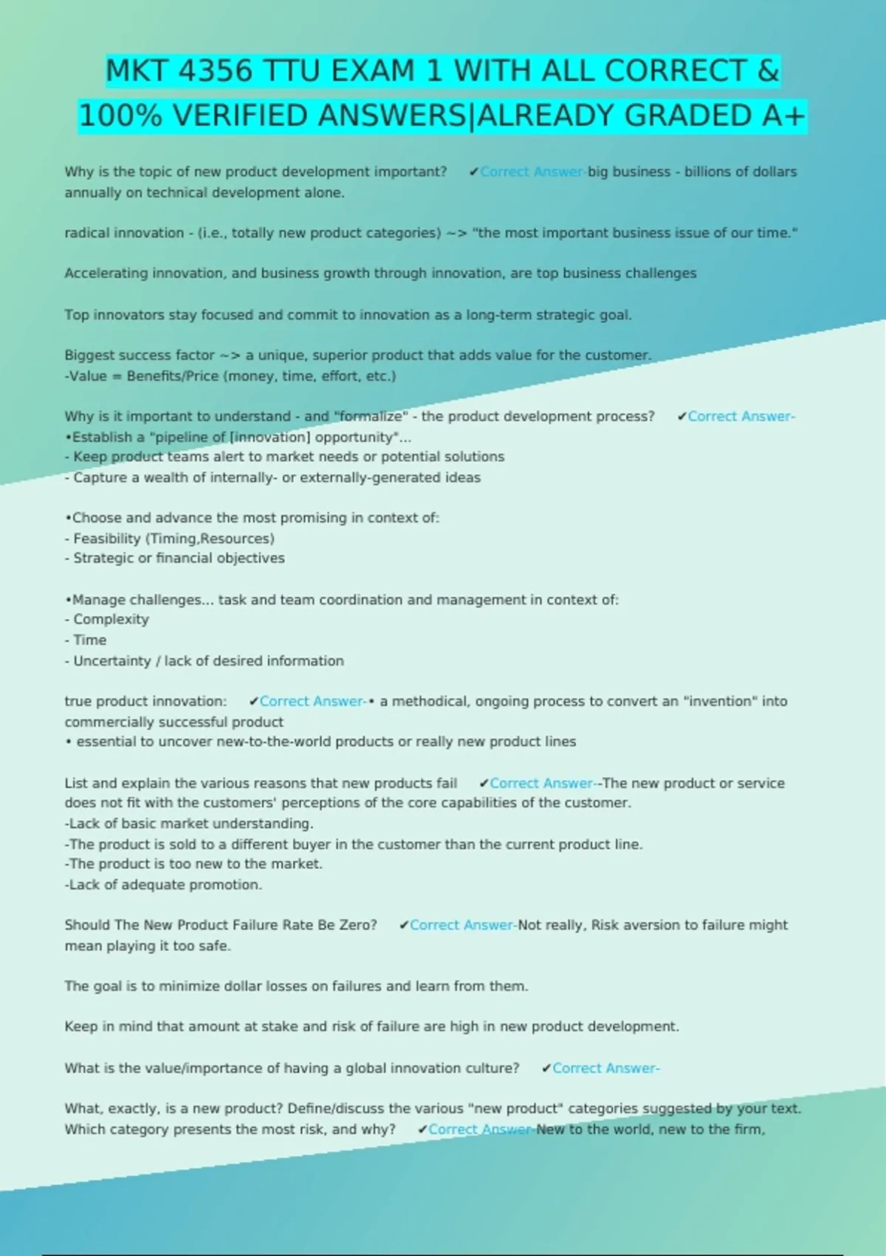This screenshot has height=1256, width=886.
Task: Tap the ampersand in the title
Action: tap(768, 72)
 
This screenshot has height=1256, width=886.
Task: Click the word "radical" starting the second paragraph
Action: tap(87, 233)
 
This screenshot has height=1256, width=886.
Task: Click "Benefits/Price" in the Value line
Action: tap(173, 376)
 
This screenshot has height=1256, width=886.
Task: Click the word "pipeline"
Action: tap(184, 437)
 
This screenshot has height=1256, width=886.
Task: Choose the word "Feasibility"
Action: tap(106, 539)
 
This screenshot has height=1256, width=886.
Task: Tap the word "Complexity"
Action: tap(111, 619)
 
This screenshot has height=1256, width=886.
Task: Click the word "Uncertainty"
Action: tap(111, 661)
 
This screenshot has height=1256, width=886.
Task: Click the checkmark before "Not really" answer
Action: tap(404, 925)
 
